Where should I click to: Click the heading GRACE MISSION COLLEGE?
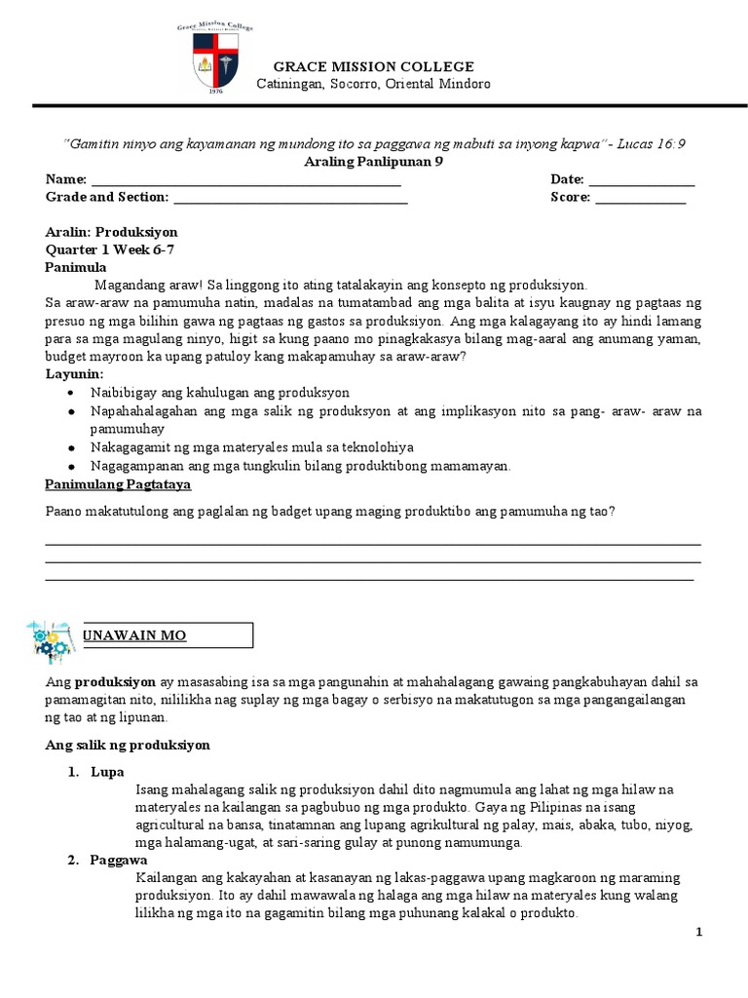(x=373, y=66)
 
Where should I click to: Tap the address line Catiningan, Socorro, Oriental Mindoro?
(x=373, y=84)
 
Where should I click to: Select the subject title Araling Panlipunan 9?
(x=374, y=162)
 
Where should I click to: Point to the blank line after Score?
(x=640, y=198)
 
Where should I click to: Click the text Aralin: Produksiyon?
(x=112, y=233)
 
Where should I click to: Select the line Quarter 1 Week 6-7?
(x=107, y=250)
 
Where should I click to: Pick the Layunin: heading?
(x=74, y=373)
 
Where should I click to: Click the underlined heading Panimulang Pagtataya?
(x=118, y=484)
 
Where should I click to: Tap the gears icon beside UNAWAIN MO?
(x=51, y=635)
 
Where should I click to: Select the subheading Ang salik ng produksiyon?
(x=128, y=746)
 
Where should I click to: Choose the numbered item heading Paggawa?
(x=118, y=862)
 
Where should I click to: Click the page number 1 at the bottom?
(x=698, y=933)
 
